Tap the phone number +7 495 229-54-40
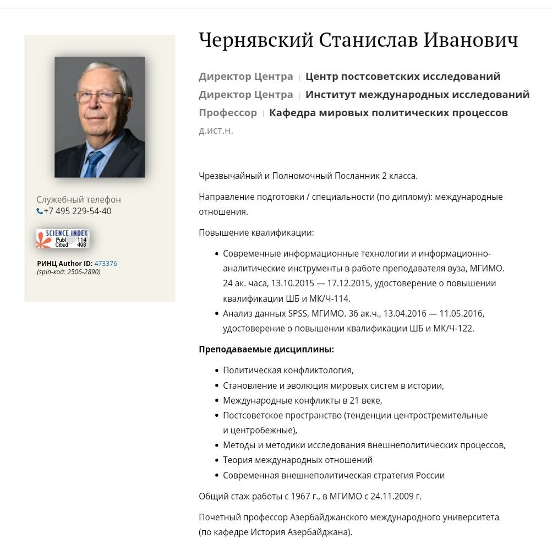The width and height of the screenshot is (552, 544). [x=78, y=211]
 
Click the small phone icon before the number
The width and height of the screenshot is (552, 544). [x=40, y=211]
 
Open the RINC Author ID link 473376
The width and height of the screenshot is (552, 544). [x=106, y=264]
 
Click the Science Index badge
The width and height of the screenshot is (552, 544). [x=62, y=238]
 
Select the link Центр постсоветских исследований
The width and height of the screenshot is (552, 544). [x=403, y=77]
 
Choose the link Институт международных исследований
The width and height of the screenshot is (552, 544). [x=417, y=95]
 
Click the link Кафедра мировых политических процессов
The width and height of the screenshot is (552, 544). [x=388, y=113]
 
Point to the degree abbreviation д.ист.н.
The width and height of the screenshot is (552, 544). [x=216, y=131]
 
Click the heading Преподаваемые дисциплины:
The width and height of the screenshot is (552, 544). [x=266, y=349]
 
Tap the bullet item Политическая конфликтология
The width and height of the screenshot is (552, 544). [x=288, y=371]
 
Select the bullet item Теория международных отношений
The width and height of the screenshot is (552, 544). [x=298, y=460]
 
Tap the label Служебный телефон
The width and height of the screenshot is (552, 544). [x=79, y=200]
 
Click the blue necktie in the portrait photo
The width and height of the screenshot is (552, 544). [x=94, y=163]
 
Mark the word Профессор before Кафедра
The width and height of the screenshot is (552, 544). [x=228, y=113]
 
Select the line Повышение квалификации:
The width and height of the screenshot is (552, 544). [x=256, y=233]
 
